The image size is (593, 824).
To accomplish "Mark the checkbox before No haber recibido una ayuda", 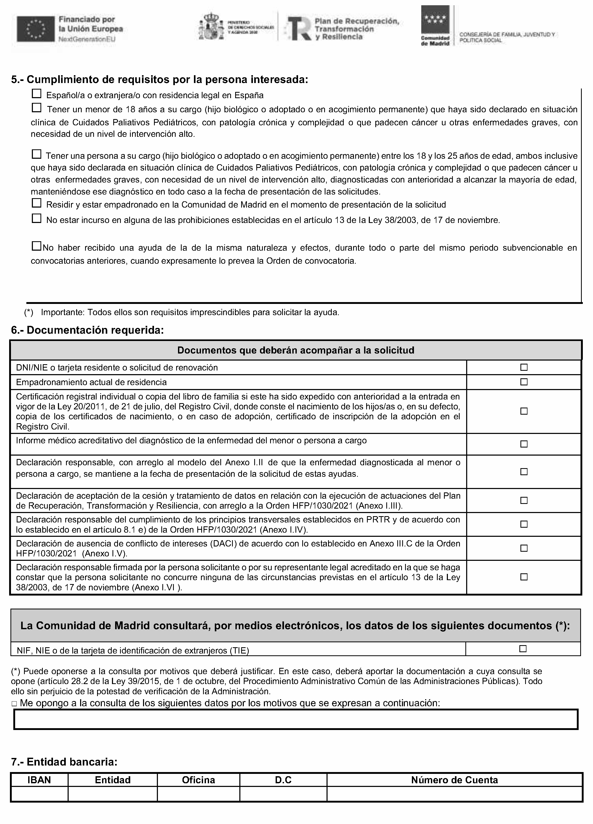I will [x=36, y=246].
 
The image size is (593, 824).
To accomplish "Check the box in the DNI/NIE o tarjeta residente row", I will [x=524, y=367].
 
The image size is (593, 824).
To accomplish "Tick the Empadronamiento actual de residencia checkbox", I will [x=524, y=382].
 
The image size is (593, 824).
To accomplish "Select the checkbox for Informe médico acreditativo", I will [x=524, y=444].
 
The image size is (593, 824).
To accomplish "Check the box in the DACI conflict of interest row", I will [x=524, y=548].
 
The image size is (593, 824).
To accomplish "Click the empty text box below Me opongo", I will [x=296, y=719].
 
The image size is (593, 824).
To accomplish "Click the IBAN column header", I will [x=39, y=780].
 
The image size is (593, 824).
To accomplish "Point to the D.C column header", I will [x=283, y=780].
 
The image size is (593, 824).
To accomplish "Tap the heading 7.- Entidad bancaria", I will [x=64, y=762].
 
